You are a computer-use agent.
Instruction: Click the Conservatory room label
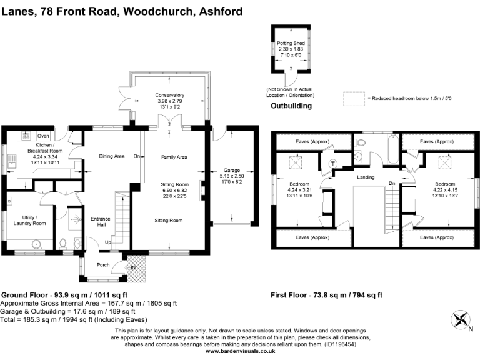click(x=170, y=94)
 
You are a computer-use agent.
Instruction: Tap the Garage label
click(x=232, y=169)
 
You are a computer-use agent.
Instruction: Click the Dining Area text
click(x=112, y=156)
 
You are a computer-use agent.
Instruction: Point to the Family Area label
click(x=174, y=157)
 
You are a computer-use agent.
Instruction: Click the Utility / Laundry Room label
click(x=30, y=220)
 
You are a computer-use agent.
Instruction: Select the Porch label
click(x=103, y=265)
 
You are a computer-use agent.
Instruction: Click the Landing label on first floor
click(x=366, y=177)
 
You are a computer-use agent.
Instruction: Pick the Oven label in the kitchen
click(x=43, y=136)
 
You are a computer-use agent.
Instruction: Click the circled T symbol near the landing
click(x=332, y=164)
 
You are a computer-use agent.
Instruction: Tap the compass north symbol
click(x=462, y=320)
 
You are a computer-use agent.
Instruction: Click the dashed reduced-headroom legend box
click(x=354, y=97)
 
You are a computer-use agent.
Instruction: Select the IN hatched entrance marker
click(x=132, y=267)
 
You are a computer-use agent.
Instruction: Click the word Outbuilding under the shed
click(x=291, y=106)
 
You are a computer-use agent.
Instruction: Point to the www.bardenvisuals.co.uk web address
click(x=241, y=351)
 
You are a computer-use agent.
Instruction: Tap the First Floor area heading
click(x=326, y=295)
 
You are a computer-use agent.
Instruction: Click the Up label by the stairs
click(x=108, y=242)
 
